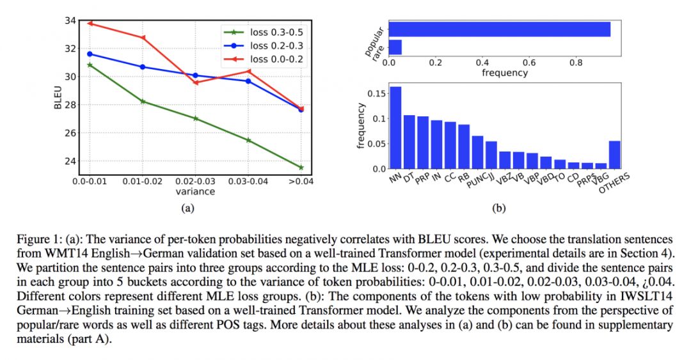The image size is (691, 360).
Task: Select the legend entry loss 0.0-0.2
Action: [x=268, y=59]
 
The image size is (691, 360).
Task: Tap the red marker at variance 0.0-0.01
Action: [x=90, y=23]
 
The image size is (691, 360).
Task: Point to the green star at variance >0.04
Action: [x=301, y=168]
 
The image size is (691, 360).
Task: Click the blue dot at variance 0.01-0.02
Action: [x=143, y=67]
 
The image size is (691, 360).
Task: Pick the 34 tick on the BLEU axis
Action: [x=68, y=20]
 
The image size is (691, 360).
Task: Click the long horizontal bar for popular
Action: [x=499, y=29]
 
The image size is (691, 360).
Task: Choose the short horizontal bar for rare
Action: [x=395, y=47]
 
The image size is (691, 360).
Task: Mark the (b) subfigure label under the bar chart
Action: [x=498, y=207]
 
